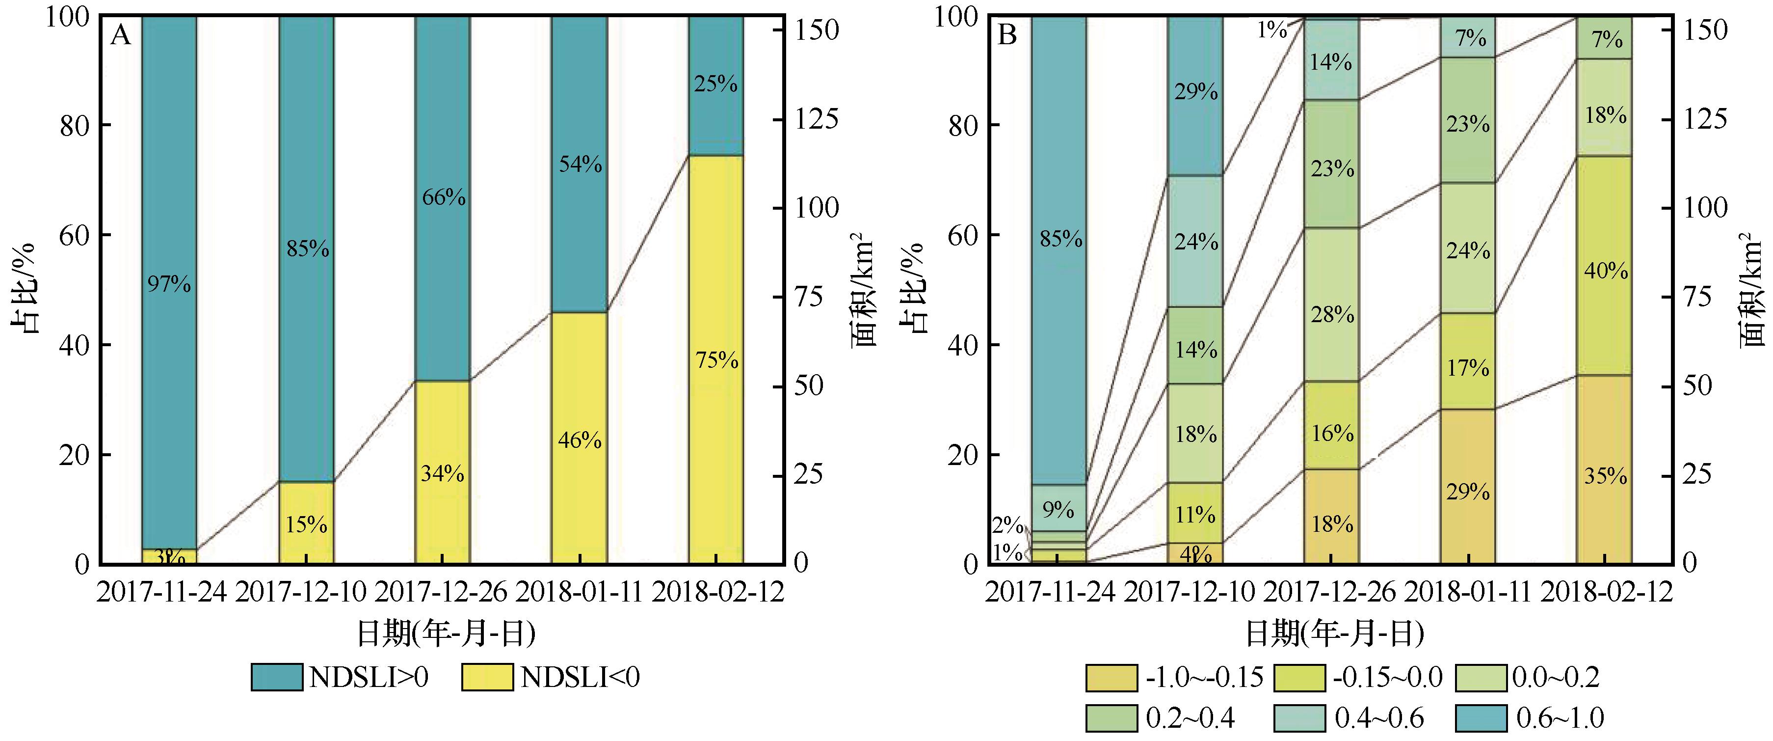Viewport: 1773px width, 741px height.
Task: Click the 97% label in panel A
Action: point(169,284)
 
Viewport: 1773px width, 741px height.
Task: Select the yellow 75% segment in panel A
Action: point(716,359)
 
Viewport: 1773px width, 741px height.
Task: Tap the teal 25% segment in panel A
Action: point(716,84)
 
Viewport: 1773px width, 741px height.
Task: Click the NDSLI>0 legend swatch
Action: point(277,678)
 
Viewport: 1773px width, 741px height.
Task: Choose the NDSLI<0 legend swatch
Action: point(487,678)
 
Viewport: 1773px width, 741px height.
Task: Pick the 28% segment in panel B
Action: point(1332,315)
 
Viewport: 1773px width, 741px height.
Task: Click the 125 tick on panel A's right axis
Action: point(817,120)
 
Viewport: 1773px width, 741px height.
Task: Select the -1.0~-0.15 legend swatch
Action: point(1111,678)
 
